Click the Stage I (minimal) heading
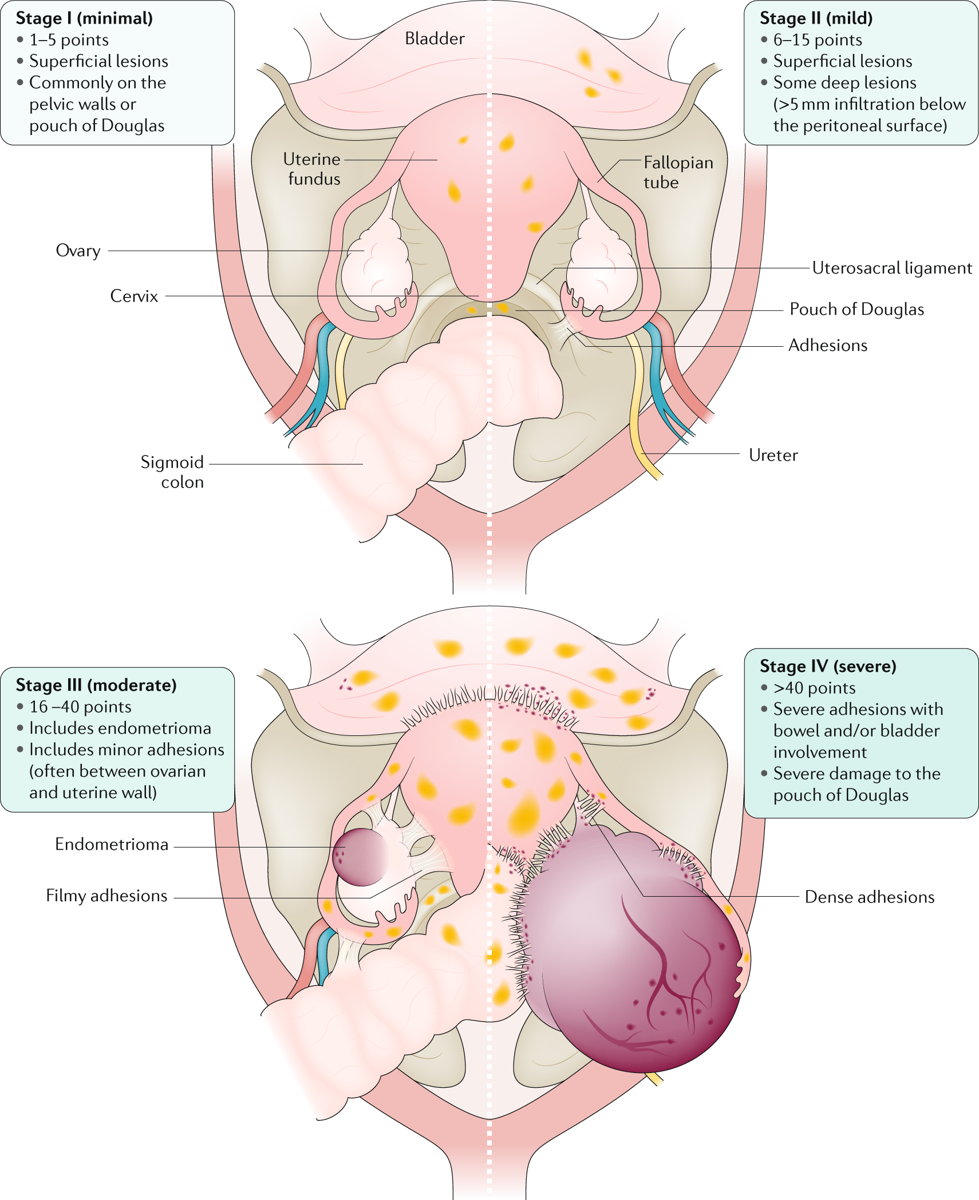(x=84, y=18)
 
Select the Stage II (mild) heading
(x=816, y=18)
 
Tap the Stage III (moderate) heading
(x=96, y=685)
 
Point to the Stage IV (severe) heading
(x=828, y=666)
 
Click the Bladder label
(x=435, y=38)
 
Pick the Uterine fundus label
(x=314, y=169)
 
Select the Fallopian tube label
(x=678, y=172)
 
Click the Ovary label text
(x=78, y=251)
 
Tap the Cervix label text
(x=134, y=296)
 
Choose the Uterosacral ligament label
(x=891, y=268)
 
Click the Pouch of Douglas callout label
(x=856, y=309)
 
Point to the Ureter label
(x=773, y=455)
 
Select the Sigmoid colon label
(x=172, y=472)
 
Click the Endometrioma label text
(x=112, y=844)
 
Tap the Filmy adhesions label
(x=106, y=896)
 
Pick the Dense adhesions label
(x=869, y=897)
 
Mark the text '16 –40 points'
(x=80, y=707)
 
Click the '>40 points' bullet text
(x=814, y=688)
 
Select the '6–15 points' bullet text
(x=818, y=40)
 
